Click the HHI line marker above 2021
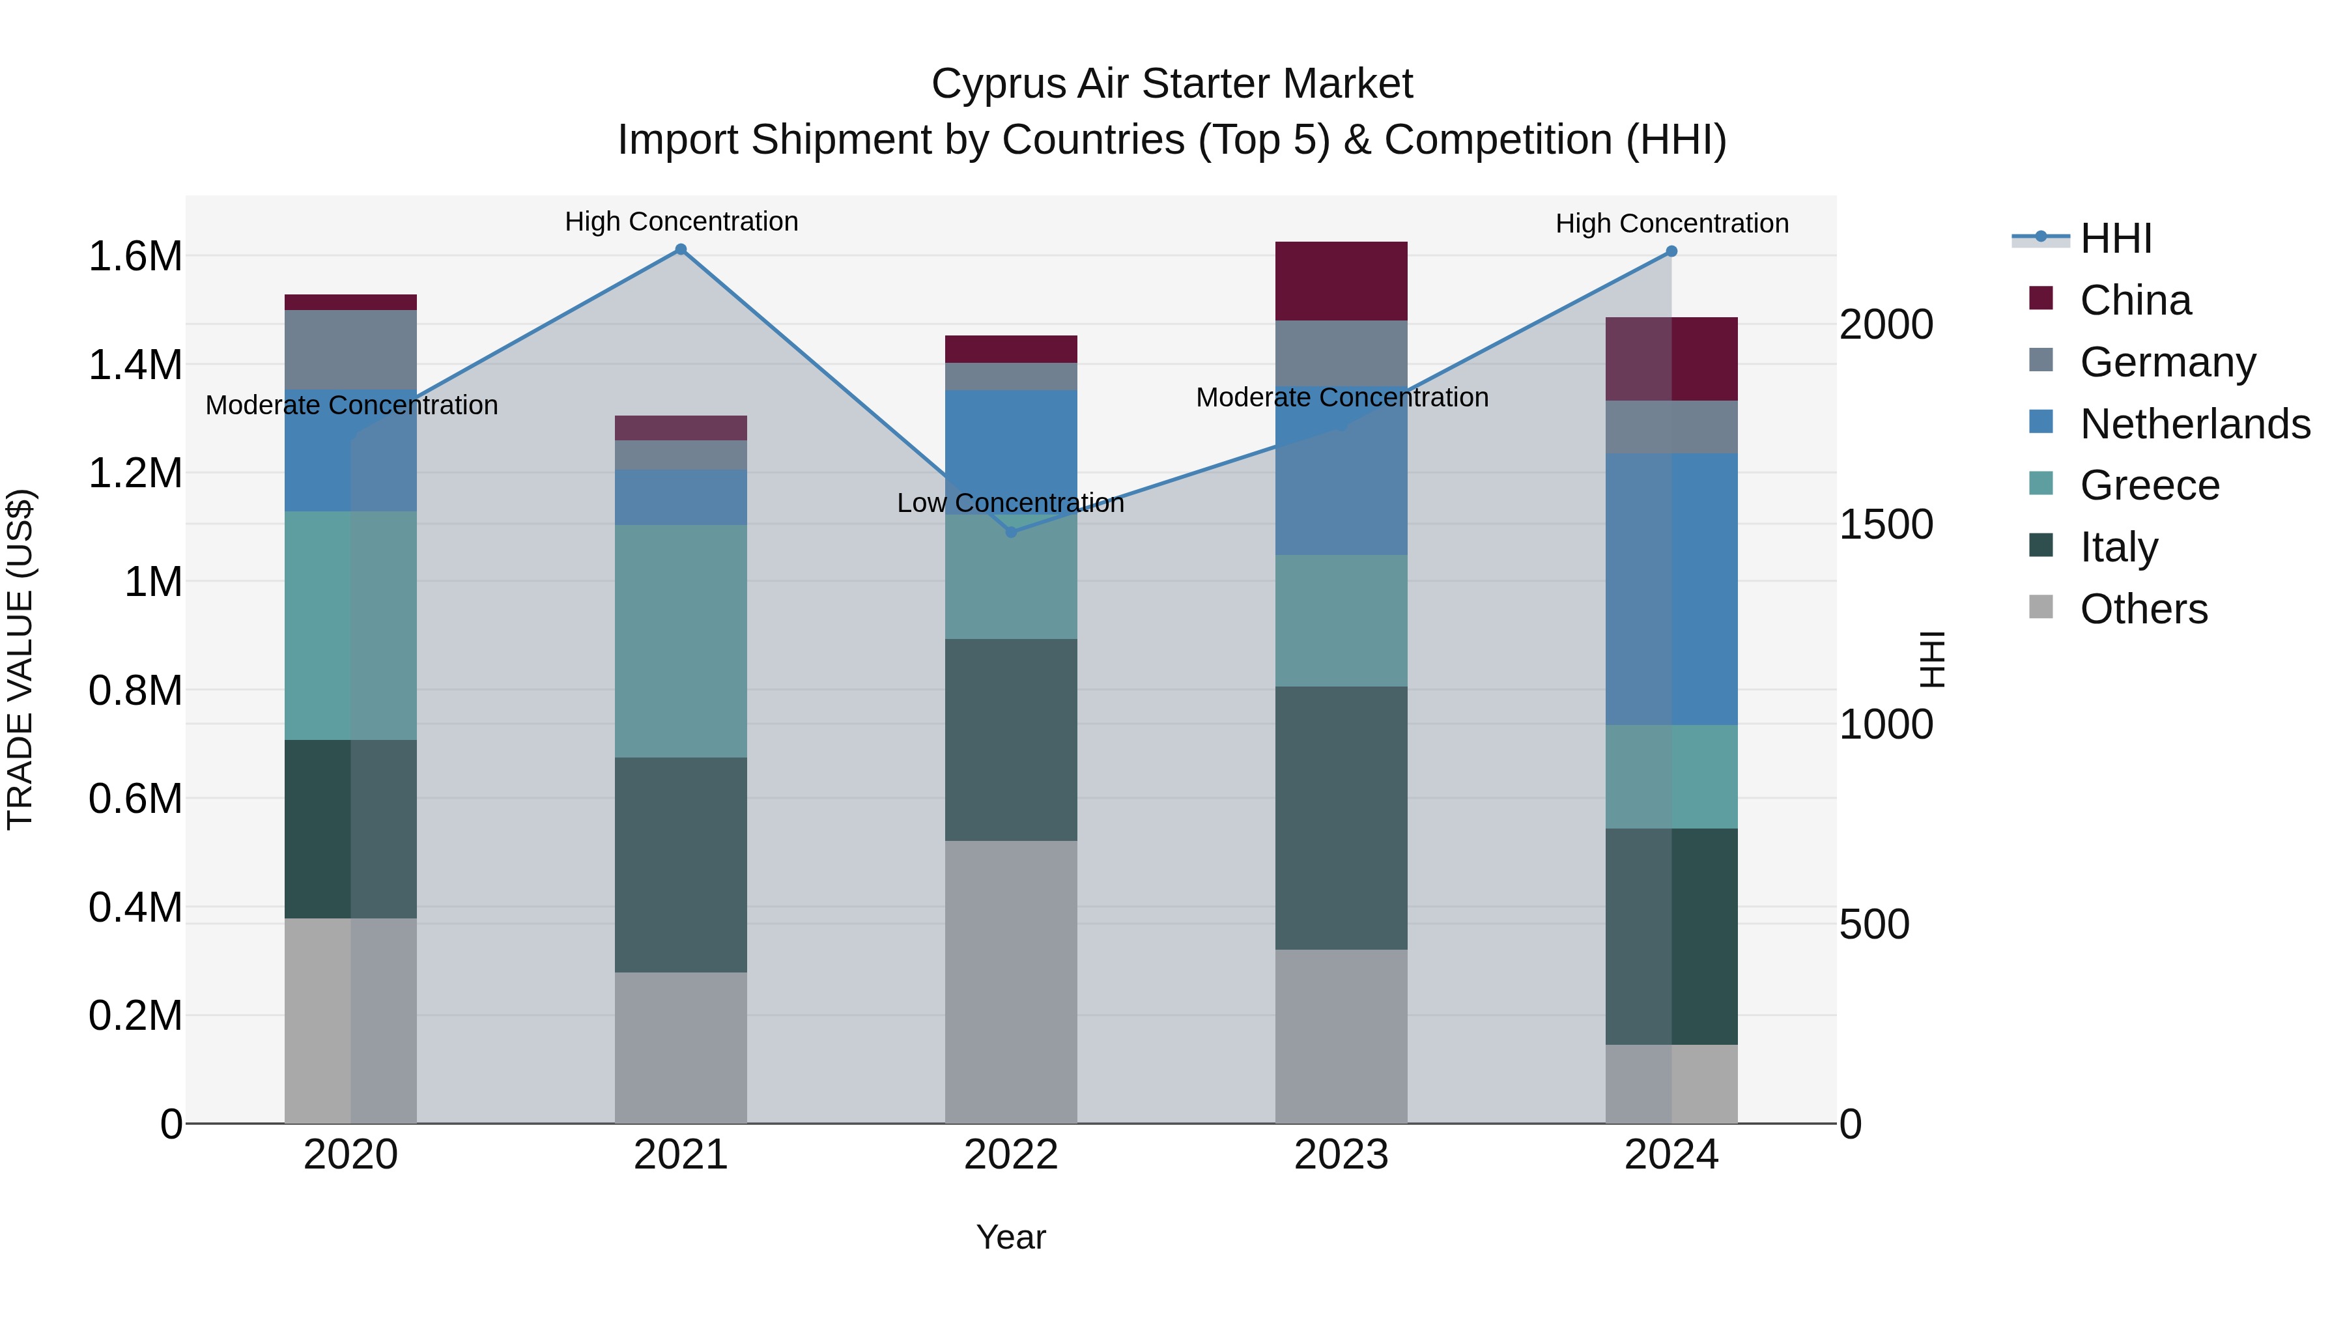click(x=680, y=249)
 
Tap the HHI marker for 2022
click(x=1010, y=532)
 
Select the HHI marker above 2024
click(x=1671, y=251)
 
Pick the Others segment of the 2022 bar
click(x=1010, y=982)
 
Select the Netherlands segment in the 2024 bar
click(x=1671, y=589)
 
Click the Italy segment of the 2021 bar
click(x=680, y=865)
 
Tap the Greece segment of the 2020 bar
click(x=350, y=625)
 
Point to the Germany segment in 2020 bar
click(x=350, y=350)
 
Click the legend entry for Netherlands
click(x=2195, y=424)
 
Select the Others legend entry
click(x=2143, y=609)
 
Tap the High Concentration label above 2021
click(x=681, y=221)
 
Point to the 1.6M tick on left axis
click(x=135, y=257)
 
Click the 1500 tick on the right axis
click(x=1886, y=524)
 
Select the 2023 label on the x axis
click(x=1341, y=1155)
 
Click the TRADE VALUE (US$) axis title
click(x=20, y=659)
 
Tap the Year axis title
click(x=1010, y=1237)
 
